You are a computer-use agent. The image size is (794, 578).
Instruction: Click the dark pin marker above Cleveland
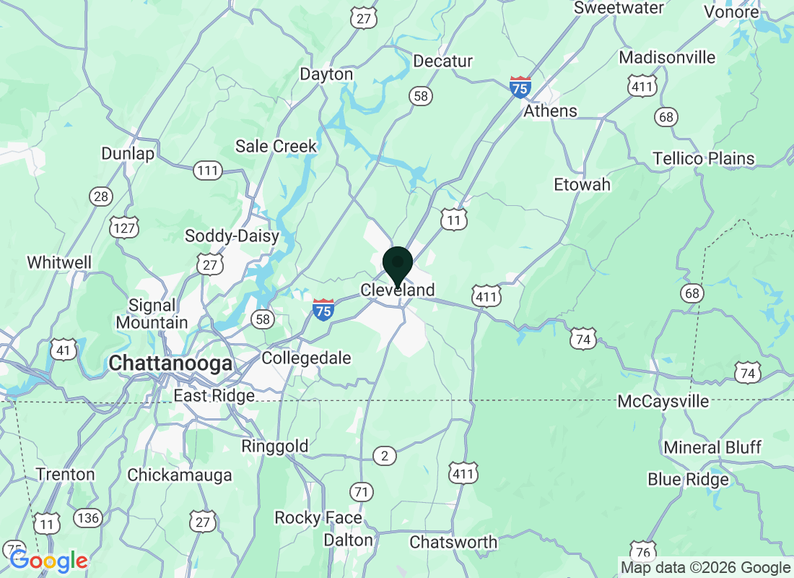(397, 264)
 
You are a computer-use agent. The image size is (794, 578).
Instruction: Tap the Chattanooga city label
(171, 363)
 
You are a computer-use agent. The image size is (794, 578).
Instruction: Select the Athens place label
(550, 111)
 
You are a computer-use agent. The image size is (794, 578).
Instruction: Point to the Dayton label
(326, 74)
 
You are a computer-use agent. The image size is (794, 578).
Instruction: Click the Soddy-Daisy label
(232, 236)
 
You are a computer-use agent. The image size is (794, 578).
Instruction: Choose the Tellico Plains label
(703, 158)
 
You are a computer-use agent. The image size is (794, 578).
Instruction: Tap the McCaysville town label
(663, 402)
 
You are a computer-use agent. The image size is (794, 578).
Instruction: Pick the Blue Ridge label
(688, 480)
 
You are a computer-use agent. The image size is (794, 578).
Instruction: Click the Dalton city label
(348, 540)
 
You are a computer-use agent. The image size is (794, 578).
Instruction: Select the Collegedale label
(306, 358)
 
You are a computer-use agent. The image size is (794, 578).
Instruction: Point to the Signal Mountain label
(152, 314)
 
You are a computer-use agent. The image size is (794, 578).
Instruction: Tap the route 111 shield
(208, 171)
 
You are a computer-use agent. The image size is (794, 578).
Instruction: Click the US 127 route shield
(124, 227)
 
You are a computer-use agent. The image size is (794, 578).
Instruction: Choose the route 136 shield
(88, 517)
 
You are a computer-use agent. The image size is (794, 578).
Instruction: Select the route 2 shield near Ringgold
(385, 455)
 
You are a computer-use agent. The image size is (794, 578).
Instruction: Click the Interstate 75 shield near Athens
(520, 87)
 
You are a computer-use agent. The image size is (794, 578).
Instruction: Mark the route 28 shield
(101, 196)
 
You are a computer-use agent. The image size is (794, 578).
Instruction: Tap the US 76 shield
(644, 551)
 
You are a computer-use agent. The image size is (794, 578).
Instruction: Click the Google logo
(49, 560)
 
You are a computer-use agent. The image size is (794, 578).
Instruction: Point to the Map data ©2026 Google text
(705, 568)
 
